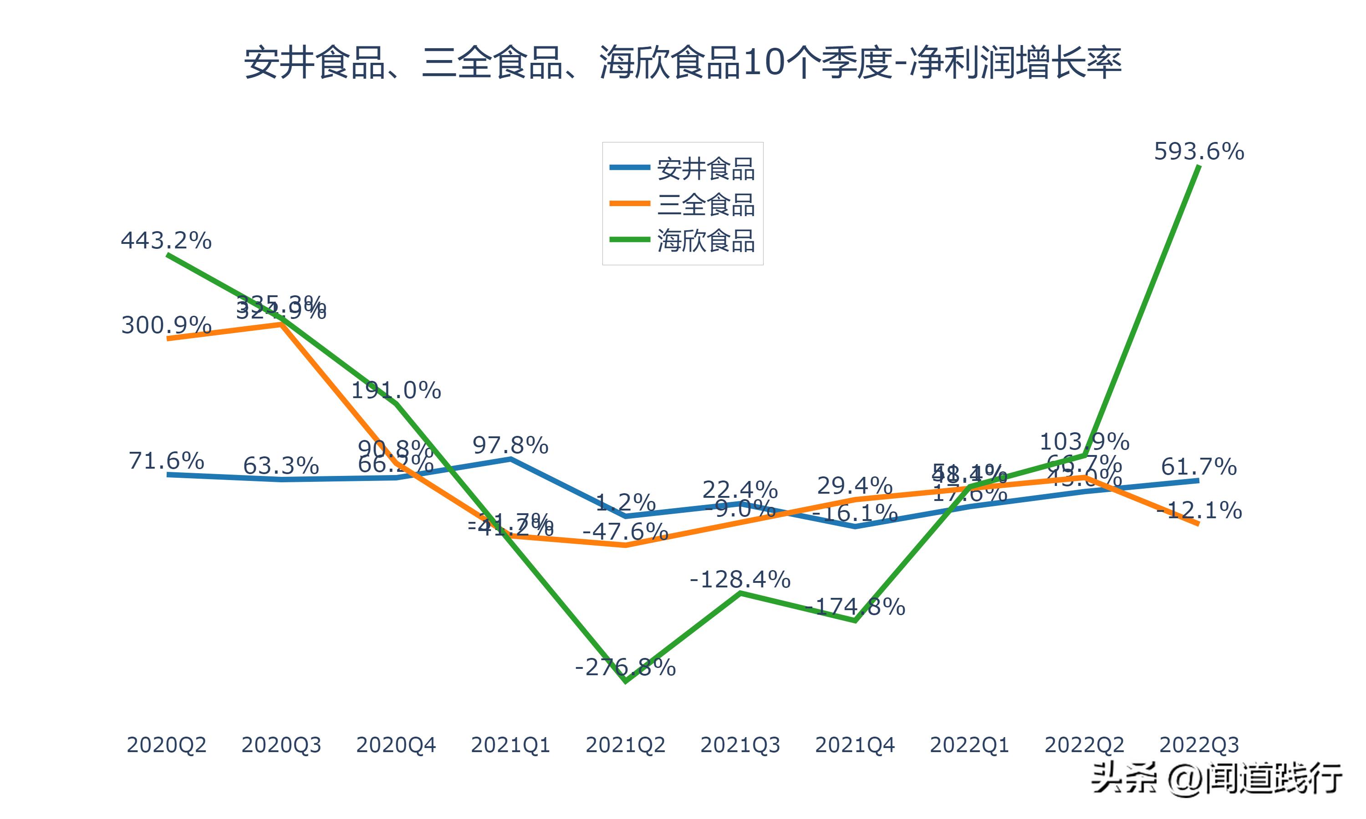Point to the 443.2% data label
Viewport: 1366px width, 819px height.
click(x=166, y=241)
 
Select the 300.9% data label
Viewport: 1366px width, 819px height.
click(x=166, y=325)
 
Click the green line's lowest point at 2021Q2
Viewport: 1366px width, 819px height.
click(x=625, y=682)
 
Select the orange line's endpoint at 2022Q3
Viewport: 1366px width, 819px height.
click(x=1198, y=523)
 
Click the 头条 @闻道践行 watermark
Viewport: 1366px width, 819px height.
click(x=1217, y=779)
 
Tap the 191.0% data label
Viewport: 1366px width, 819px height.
click(x=396, y=391)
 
